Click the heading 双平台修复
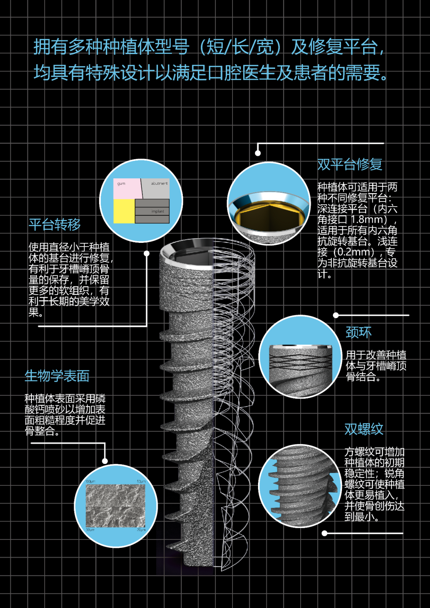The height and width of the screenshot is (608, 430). pyautogui.click(x=350, y=164)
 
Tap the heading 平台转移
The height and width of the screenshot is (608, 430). pyautogui.click(x=55, y=225)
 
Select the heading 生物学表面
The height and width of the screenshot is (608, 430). pyautogui.click(x=57, y=376)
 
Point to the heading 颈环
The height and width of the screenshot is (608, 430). pyautogui.click(x=358, y=332)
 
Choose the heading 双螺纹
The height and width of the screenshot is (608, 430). pyautogui.click(x=364, y=429)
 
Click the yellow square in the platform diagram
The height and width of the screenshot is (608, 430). pyautogui.click(x=124, y=211)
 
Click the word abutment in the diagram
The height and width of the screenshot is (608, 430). pyautogui.click(x=159, y=184)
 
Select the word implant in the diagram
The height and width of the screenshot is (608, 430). pyautogui.click(x=158, y=211)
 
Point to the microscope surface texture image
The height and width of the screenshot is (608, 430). pyautogui.click(x=115, y=506)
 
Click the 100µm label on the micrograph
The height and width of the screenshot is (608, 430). pyautogui.click(x=90, y=482)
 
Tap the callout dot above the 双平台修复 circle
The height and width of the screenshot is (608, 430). pyautogui.click(x=258, y=153)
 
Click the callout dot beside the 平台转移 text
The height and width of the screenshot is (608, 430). pyautogui.click(x=147, y=253)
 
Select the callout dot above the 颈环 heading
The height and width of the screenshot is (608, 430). pyautogui.click(x=336, y=315)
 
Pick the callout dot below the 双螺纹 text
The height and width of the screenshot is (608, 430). pyautogui.click(x=324, y=533)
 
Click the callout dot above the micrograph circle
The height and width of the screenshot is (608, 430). pyautogui.click(x=105, y=461)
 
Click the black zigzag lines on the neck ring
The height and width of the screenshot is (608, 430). pyautogui.click(x=301, y=361)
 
